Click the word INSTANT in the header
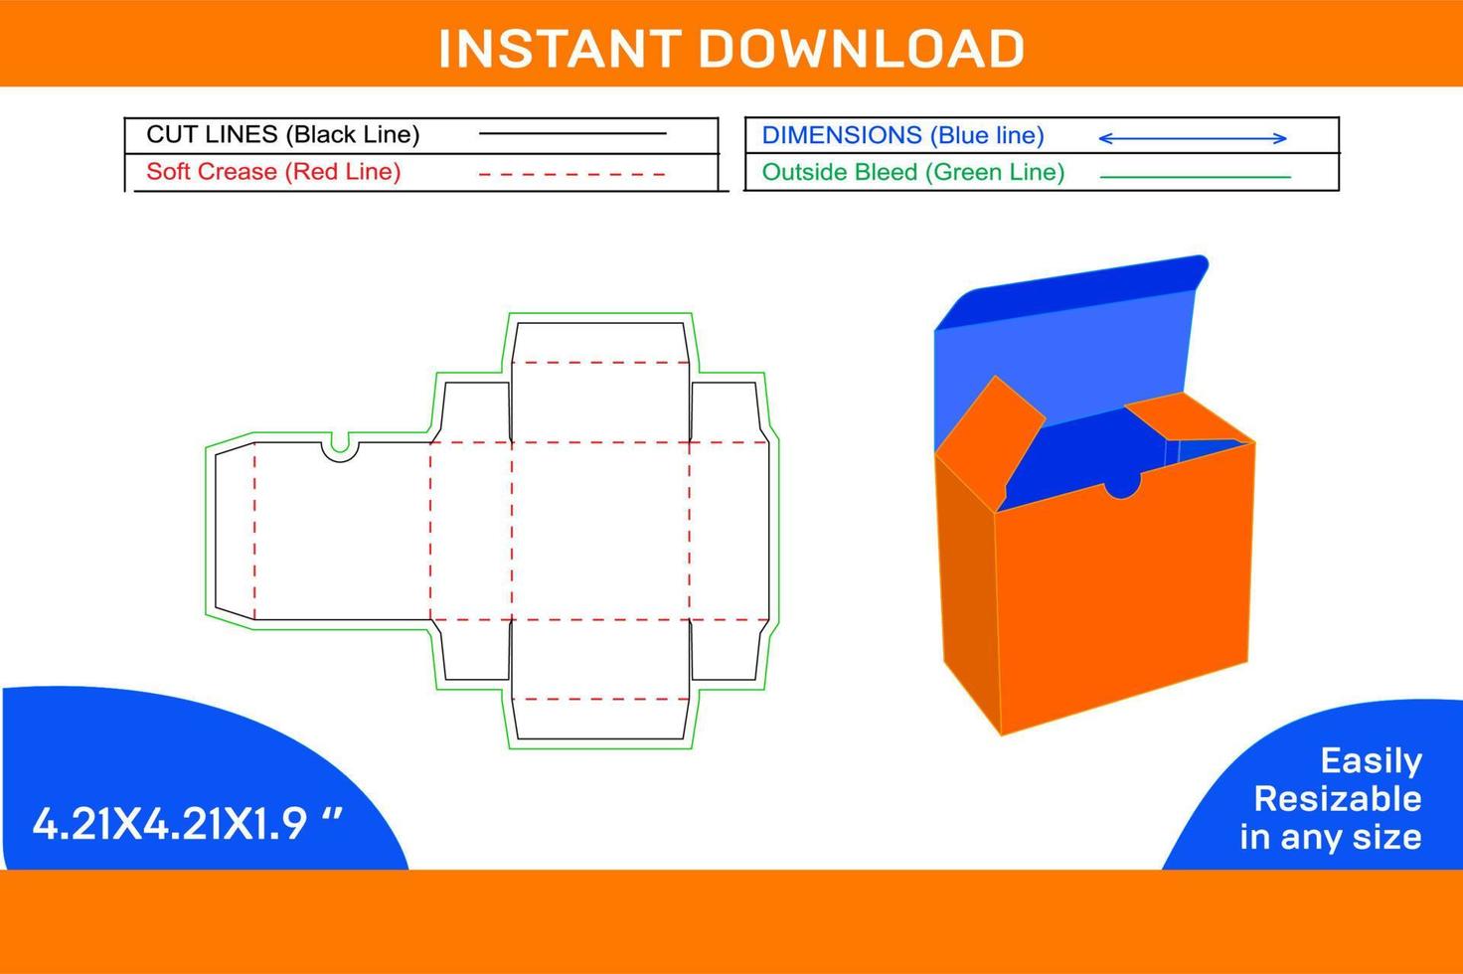tap(559, 49)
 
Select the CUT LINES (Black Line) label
tap(283, 134)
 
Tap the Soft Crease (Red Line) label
tap(273, 172)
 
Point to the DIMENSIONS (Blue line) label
tap(902, 135)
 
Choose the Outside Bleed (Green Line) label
tap(912, 172)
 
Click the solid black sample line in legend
tap(572, 133)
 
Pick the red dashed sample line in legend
tap(572, 174)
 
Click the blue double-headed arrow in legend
tap(1192, 138)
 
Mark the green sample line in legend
tap(1196, 177)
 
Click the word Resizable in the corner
tap(1337, 799)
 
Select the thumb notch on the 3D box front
tap(1123, 486)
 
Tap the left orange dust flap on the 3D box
tap(989, 427)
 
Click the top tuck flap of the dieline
tap(599, 343)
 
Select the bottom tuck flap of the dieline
tap(599, 720)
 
